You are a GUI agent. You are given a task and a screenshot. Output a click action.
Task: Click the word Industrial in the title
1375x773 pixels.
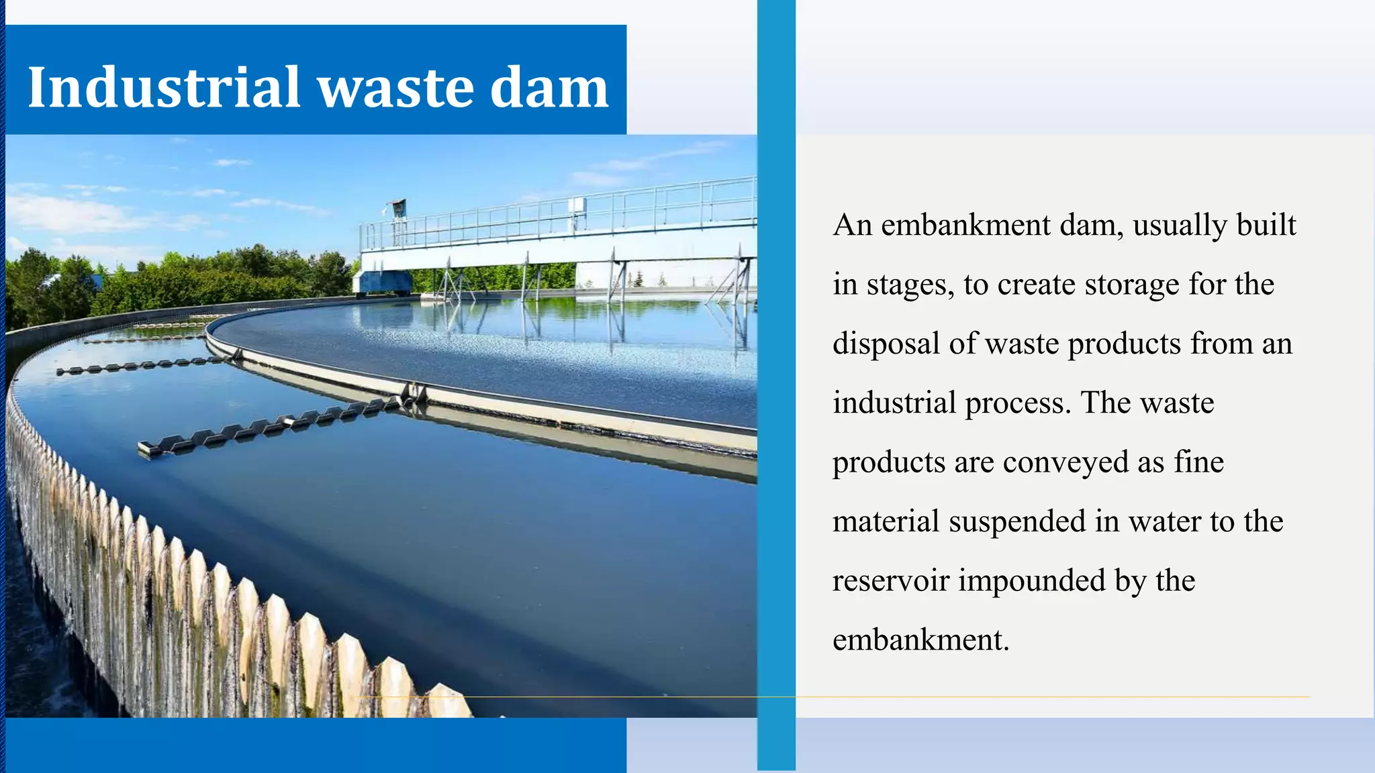(x=163, y=87)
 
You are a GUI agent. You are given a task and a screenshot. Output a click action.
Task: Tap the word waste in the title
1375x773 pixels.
(x=396, y=87)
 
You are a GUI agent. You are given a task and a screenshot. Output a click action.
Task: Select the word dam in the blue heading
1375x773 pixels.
(x=549, y=87)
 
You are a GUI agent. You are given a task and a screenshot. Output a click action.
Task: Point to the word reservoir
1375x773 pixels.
(x=891, y=580)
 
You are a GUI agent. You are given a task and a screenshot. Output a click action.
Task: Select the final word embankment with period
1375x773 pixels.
(x=920, y=639)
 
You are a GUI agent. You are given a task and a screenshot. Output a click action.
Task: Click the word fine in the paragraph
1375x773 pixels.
(x=1198, y=462)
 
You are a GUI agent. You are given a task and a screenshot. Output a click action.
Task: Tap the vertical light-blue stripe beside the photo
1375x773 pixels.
(x=776, y=403)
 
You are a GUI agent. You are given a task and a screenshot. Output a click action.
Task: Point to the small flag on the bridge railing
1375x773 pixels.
(x=398, y=205)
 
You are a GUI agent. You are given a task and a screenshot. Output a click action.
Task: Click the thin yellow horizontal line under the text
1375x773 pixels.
(x=1007, y=697)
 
